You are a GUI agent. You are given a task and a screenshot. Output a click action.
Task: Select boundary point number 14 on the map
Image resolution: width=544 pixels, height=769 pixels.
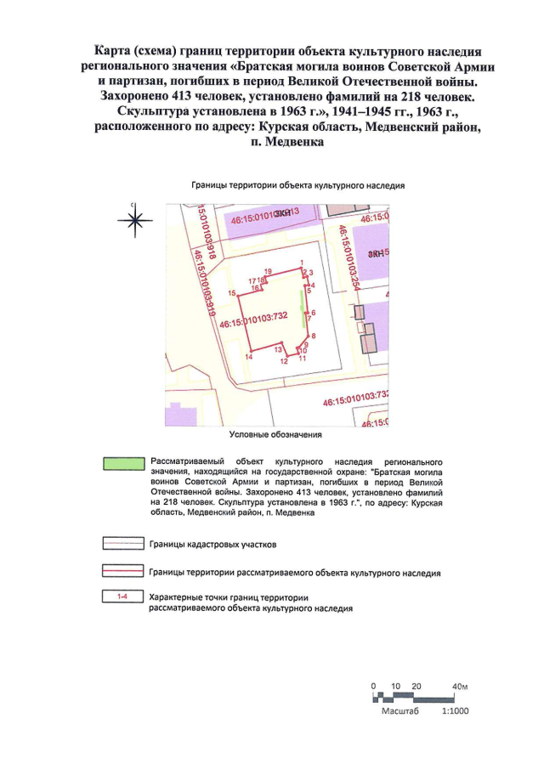coord(248,358)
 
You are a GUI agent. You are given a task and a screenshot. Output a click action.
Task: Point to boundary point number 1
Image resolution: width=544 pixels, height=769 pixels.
coord(302,263)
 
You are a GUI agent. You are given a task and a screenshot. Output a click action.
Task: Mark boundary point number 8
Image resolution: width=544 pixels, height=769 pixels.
coord(314,337)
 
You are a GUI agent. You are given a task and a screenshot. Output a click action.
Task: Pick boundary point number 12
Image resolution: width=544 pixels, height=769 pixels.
coord(285,360)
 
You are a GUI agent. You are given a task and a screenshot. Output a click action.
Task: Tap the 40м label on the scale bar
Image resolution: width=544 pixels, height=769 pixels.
coord(461,686)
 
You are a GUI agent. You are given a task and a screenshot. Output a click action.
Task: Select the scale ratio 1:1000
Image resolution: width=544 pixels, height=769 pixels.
coord(456,710)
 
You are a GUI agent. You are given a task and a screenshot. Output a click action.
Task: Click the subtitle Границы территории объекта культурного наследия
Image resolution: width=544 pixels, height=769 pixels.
coord(297,184)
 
